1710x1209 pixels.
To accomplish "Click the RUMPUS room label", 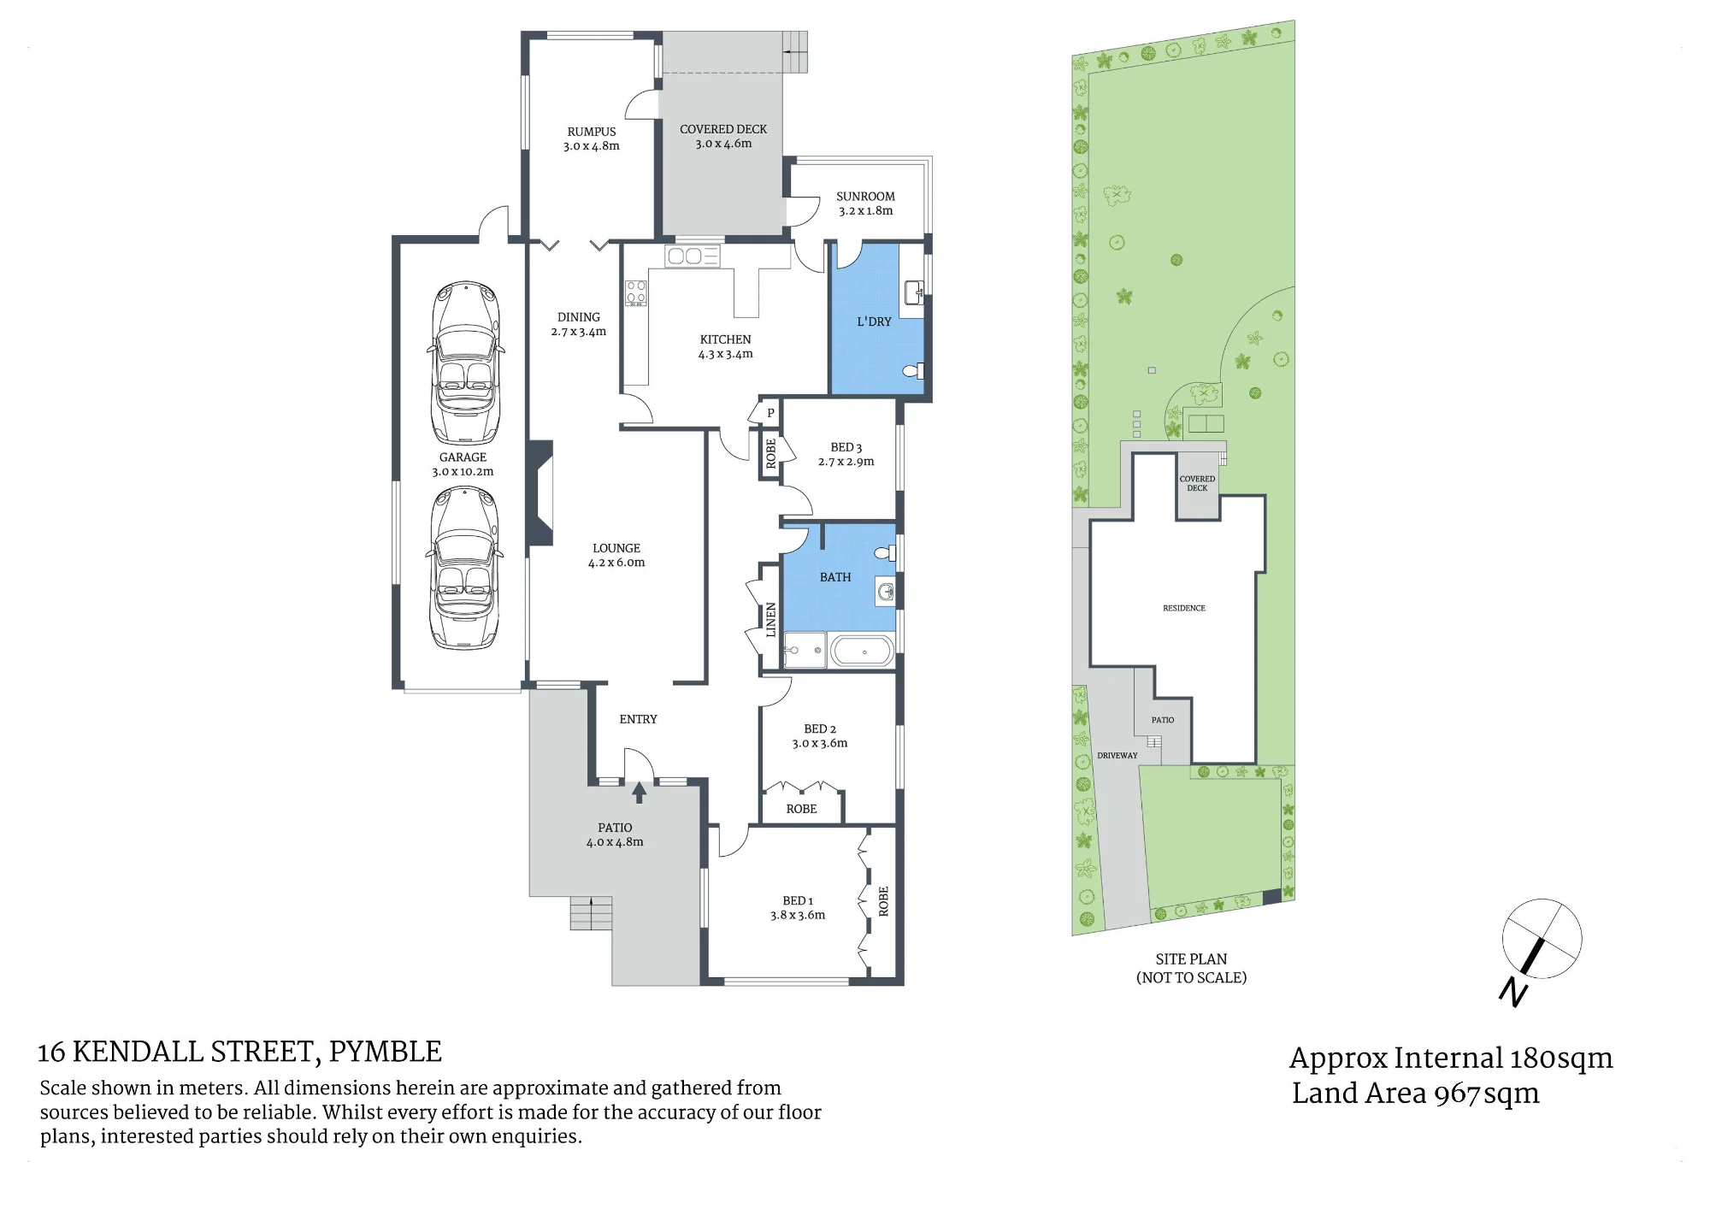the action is [x=592, y=132].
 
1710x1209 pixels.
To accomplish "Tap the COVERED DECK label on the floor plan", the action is [x=723, y=129].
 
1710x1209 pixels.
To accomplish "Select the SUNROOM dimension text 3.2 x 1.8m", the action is [x=866, y=210].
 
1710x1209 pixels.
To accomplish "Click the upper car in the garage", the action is [x=465, y=363].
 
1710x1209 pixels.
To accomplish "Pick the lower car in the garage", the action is [x=465, y=568].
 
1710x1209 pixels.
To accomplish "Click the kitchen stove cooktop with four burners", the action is [x=636, y=293].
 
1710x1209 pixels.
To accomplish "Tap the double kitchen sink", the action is [x=693, y=256].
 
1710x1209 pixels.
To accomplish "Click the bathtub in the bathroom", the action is [x=864, y=652].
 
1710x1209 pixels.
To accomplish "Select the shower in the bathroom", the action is [x=805, y=651].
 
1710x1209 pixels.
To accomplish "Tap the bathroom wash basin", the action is [x=886, y=592].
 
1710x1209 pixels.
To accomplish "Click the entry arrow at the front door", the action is [x=639, y=793].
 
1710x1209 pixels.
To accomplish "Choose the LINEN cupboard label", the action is [x=771, y=620].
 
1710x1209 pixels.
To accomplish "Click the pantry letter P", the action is [x=770, y=413].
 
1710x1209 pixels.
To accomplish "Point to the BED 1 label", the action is [x=798, y=900].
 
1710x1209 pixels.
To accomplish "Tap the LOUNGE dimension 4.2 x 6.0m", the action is [x=616, y=563].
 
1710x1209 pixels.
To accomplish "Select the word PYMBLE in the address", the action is [x=386, y=1052].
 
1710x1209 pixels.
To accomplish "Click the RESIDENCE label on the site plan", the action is [x=1184, y=608].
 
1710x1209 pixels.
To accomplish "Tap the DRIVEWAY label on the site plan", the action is [x=1117, y=756].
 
